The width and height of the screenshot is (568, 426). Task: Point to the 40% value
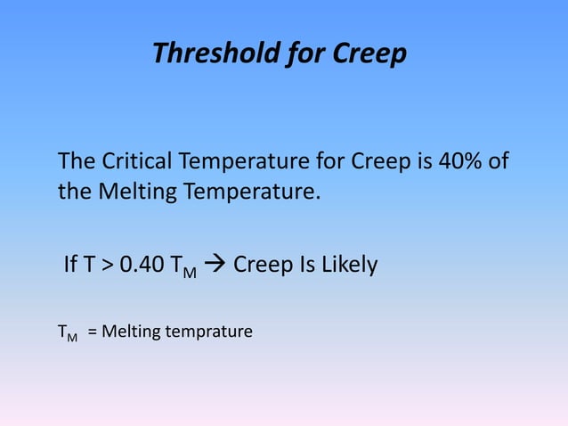pyautogui.click(x=458, y=163)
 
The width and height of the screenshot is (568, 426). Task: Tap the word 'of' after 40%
pyautogui.click(x=499, y=163)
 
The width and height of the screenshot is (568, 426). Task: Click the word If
pyautogui.click(x=71, y=265)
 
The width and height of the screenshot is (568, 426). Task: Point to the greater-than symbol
pyautogui.click(x=107, y=266)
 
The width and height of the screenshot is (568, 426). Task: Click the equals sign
pyautogui.click(x=93, y=332)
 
